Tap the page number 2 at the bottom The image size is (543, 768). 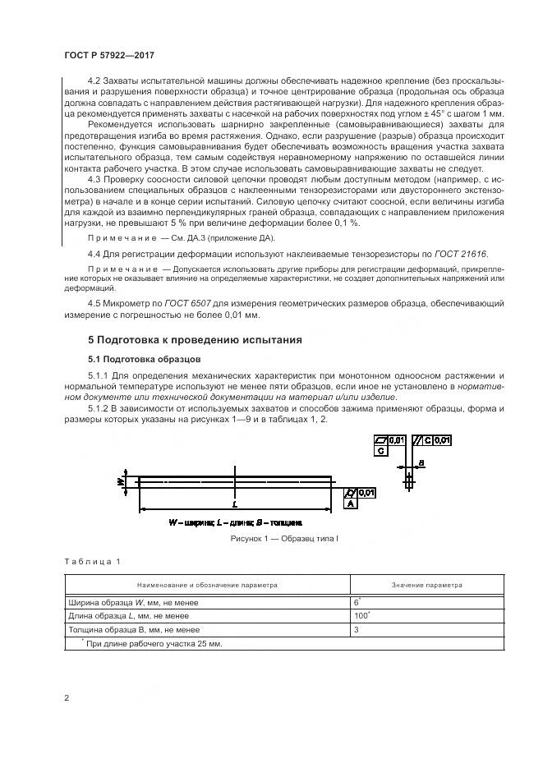click(67, 698)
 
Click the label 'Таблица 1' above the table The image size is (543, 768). click(92, 561)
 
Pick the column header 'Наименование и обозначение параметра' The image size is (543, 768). click(208, 585)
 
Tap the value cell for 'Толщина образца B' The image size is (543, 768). click(357, 629)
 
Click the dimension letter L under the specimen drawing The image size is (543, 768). click(235, 503)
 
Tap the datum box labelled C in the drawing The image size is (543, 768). click(381, 451)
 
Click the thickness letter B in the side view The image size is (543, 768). click(421, 464)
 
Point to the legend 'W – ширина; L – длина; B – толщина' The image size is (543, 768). click(236, 522)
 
